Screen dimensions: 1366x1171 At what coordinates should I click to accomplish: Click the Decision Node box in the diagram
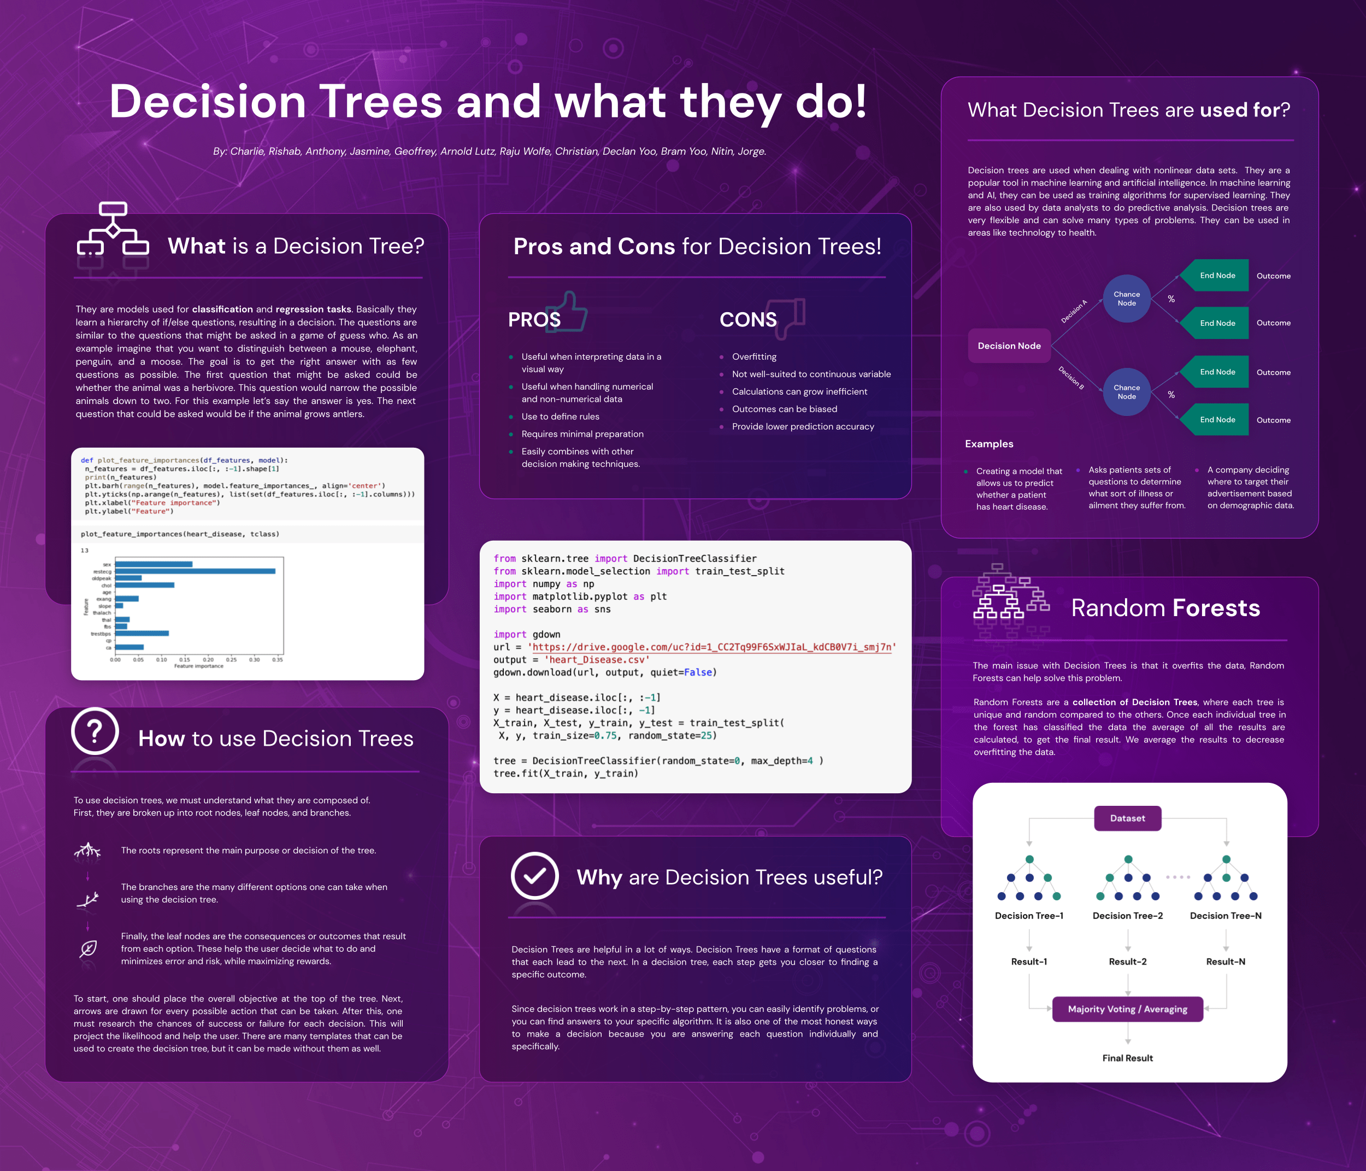pos(1009,346)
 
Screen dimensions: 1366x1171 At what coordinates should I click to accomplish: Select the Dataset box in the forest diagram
pos(1127,818)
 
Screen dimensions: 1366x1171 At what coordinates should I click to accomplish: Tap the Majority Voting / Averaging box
pos(1127,1009)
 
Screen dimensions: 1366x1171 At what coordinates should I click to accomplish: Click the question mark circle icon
pos(95,731)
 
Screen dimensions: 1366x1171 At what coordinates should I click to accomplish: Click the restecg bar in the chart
pos(195,571)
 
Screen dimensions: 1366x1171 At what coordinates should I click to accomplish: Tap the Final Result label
pos(1127,1057)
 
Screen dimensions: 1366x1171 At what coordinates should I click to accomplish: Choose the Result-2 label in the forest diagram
pos(1127,961)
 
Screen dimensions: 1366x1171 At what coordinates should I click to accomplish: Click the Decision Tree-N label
pos(1226,915)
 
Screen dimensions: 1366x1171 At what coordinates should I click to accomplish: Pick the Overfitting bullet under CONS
pos(754,356)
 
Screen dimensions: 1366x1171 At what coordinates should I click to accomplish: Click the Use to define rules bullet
pos(561,416)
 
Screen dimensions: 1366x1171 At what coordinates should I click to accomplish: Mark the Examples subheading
pos(989,443)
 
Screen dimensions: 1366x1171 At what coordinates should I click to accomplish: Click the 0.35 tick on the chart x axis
pos(278,660)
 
